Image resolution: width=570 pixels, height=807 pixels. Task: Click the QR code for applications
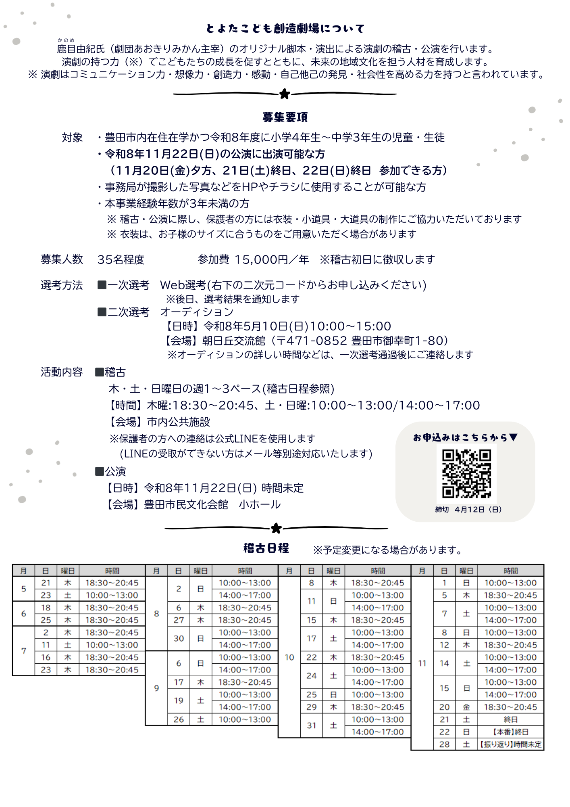[x=466, y=474]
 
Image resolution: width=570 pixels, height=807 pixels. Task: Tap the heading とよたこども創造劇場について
[x=285, y=29]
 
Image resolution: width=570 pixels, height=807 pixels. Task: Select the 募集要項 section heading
[x=285, y=117]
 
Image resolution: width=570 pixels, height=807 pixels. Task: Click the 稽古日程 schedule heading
[x=266, y=548]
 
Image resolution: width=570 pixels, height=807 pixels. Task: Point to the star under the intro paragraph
[x=285, y=94]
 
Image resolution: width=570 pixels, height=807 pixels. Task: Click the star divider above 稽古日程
[x=276, y=528]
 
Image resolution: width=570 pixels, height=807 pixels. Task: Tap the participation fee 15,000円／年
[x=272, y=259]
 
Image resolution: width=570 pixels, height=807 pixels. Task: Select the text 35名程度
[x=121, y=259]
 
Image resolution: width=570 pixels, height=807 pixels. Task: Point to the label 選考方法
[x=62, y=285]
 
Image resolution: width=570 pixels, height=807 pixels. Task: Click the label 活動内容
[x=62, y=372]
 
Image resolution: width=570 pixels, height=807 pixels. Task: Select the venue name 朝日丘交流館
[x=234, y=341]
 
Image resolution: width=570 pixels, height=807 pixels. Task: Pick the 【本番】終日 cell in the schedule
[x=510, y=732]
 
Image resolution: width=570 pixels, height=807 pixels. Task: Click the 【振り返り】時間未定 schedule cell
[x=510, y=744]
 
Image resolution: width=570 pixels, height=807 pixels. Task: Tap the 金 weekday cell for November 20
[x=466, y=707]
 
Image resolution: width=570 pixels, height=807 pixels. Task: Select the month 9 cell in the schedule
[x=156, y=688]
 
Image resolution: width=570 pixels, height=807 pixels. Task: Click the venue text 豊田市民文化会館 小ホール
[x=212, y=505]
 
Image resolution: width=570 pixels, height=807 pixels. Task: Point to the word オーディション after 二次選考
[x=197, y=312]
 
